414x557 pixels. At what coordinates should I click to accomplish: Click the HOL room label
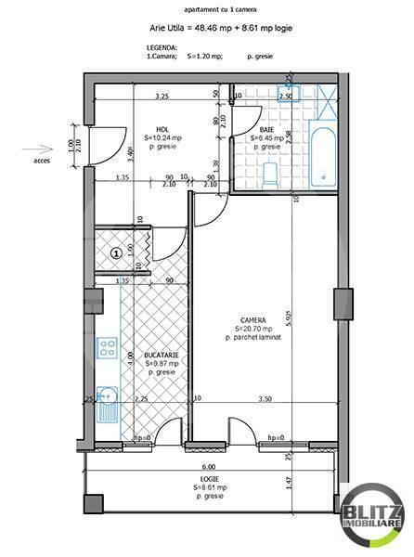tap(162, 130)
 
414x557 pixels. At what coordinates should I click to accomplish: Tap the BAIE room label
tap(266, 130)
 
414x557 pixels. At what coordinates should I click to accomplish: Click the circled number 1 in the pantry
tap(116, 252)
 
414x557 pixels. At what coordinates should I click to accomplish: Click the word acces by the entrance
tap(43, 160)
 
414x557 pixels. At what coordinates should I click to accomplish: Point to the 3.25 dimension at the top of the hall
tap(162, 96)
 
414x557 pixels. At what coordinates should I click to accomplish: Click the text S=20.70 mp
tap(253, 330)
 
